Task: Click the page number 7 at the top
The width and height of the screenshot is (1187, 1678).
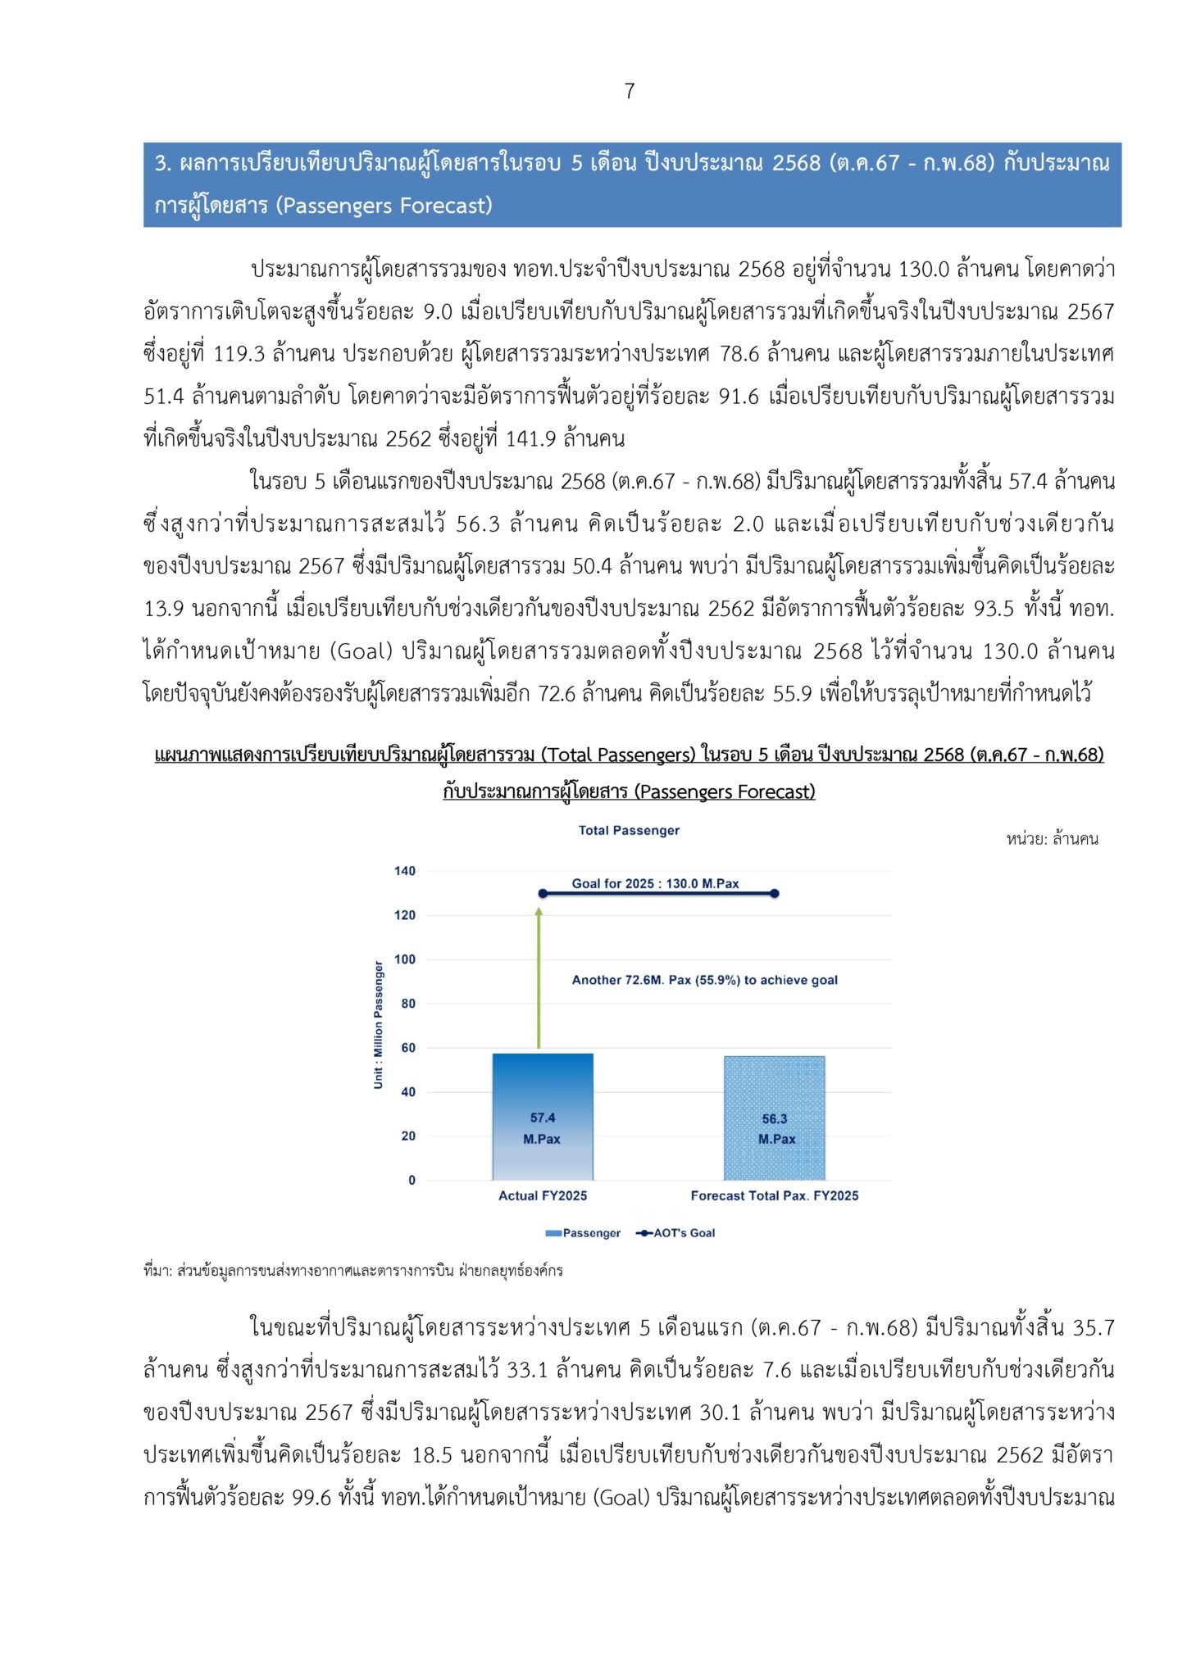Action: pyautogui.click(x=629, y=91)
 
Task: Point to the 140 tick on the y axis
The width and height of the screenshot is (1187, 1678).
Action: pyautogui.click(x=405, y=871)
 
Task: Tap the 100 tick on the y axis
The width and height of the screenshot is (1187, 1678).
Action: pyautogui.click(x=405, y=959)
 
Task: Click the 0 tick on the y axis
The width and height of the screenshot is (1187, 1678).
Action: pyautogui.click(x=412, y=1180)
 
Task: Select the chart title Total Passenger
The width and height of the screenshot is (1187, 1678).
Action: pyautogui.click(x=629, y=830)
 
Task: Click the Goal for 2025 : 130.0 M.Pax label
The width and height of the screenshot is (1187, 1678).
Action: pyautogui.click(x=655, y=883)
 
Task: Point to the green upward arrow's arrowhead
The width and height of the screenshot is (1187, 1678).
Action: pyautogui.click(x=539, y=911)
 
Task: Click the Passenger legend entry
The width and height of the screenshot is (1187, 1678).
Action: pyautogui.click(x=583, y=1233)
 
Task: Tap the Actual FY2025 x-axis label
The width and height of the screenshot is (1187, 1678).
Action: pyautogui.click(x=543, y=1195)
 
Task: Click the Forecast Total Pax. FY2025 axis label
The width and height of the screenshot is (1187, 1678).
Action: pyautogui.click(x=774, y=1195)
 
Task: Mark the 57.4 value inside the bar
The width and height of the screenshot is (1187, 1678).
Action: pyautogui.click(x=543, y=1118)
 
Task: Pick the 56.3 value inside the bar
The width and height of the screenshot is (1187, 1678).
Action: pyautogui.click(x=775, y=1118)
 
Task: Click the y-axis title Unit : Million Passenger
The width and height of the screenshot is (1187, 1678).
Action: pyautogui.click(x=378, y=1025)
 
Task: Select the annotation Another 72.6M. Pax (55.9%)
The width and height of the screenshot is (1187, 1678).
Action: pyautogui.click(x=704, y=980)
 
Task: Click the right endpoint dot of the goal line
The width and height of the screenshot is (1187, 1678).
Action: pyautogui.click(x=775, y=893)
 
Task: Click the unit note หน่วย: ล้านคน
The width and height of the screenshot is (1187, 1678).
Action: pyautogui.click(x=1052, y=838)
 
